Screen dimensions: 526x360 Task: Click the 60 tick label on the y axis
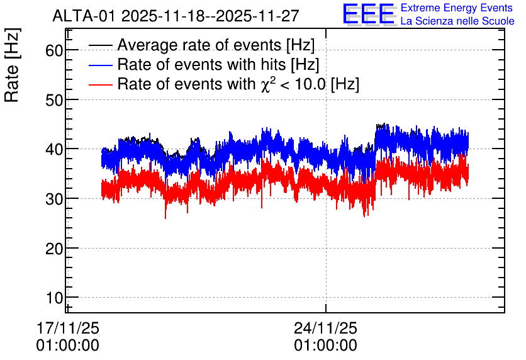(x=54, y=50)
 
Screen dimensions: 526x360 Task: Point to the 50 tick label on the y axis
(x=54, y=100)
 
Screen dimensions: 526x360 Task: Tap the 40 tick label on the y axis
(x=54, y=149)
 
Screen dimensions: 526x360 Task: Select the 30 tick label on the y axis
(x=54, y=199)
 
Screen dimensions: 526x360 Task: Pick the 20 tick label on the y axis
(x=54, y=249)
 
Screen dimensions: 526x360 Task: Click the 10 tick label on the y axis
(x=54, y=298)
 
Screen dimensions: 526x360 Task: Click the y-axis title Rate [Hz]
(x=12, y=65)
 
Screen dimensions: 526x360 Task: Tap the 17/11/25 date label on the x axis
(x=68, y=328)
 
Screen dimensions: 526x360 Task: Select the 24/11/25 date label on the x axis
(x=326, y=328)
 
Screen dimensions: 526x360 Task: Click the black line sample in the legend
(x=100, y=45)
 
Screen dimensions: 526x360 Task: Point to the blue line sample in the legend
(x=100, y=65)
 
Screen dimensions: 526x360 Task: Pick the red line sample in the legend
(x=100, y=84)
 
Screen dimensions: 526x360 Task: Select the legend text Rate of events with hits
(x=201, y=64)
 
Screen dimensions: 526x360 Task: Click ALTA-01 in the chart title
(x=85, y=16)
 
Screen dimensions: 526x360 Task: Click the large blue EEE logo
(x=369, y=14)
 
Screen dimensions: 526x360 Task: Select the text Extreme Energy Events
(x=457, y=8)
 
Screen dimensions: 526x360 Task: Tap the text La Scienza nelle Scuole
(x=457, y=21)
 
